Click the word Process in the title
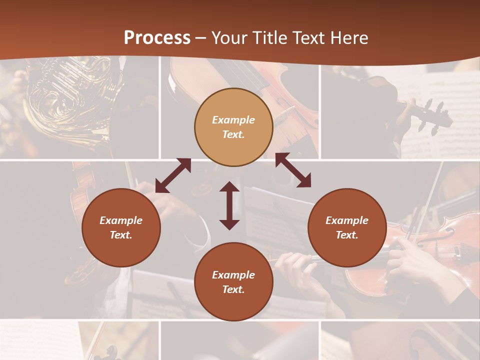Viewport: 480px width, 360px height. [157, 38]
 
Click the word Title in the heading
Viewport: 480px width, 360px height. [270, 38]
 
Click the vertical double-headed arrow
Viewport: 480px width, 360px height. [229, 205]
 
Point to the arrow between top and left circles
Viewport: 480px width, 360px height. [173, 175]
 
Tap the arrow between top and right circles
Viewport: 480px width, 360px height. [293, 170]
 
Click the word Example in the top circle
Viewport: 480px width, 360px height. [233, 120]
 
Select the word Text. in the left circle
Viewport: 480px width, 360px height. [121, 235]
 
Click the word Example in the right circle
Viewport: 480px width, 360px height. [347, 220]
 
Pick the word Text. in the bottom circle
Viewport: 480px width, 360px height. [233, 289]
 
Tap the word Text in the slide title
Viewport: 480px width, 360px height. [309, 38]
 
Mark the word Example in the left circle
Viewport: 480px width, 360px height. [121, 220]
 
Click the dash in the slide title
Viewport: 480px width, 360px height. [200, 38]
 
